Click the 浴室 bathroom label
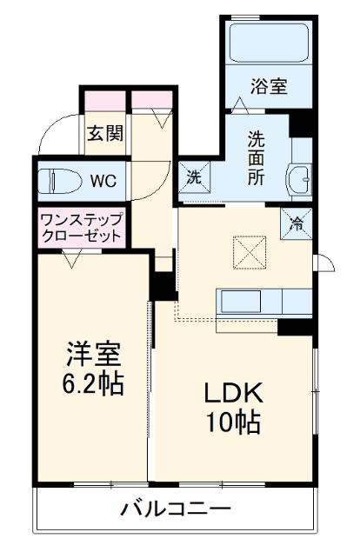pos(269,86)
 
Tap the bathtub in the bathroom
pos(269,42)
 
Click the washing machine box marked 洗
pos(193,174)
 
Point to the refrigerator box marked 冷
pos(297,223)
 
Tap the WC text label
pos(103,182)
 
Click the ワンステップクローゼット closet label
pos(81,228)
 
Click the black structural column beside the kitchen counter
pos(296,328)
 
